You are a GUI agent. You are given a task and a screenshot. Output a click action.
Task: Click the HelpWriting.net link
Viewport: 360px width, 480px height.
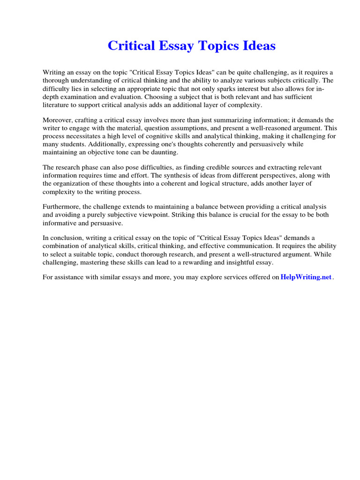(x=306, y=277)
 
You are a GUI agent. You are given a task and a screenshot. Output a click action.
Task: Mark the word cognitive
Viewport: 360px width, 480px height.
(x=166, y=136)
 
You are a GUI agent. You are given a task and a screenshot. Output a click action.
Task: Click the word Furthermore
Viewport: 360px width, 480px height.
(x=60, y=207)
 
